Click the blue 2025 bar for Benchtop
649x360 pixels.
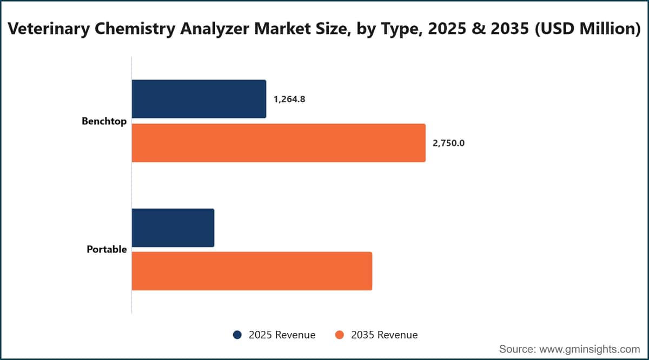coord(199,99)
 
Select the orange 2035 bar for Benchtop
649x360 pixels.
coord(279,143)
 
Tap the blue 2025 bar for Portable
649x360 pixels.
coord(173,228)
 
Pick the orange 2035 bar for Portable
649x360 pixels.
coord(252,271)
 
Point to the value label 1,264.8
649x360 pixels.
coord(289,99)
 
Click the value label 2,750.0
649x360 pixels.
coord(448,143)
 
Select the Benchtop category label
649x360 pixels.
coord(104,121)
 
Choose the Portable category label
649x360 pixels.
coord(107,249)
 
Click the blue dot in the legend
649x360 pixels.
coord(237,335)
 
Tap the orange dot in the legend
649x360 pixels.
coord(339,335)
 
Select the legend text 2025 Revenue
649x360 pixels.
coord(282,335)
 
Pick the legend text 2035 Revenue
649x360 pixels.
coord(385,335)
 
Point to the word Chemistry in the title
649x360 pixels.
coord(135,29)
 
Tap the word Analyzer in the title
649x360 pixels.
coord(215,29)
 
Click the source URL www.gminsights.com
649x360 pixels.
coord(590,349)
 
